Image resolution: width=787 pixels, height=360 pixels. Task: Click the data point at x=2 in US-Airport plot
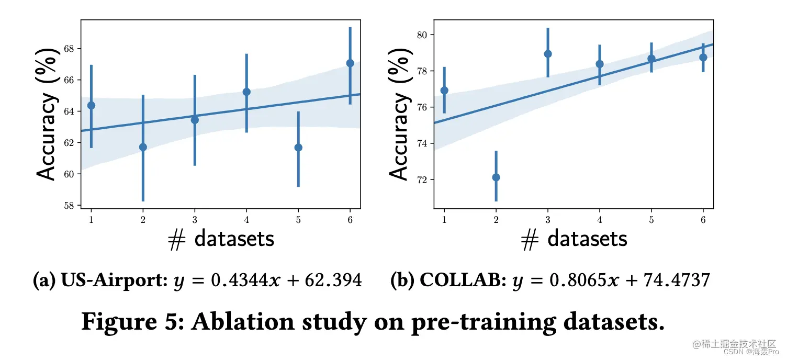click(143, 147)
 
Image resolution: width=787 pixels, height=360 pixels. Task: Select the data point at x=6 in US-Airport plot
click(350, 63)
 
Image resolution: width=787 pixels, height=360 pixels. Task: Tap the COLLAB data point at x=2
click(496, 177)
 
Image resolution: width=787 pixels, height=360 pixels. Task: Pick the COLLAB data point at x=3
click(548, 54)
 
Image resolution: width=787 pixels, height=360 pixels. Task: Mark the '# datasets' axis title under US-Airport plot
click(221, 239)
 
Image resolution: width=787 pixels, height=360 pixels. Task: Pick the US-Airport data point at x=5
click(298, 148)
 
